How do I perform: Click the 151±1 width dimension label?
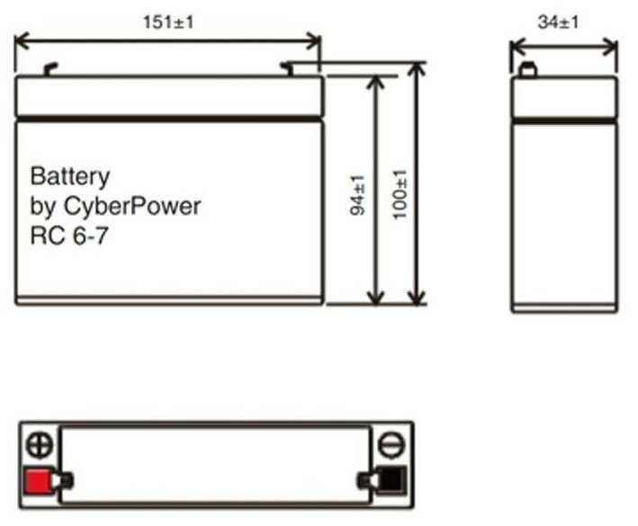[x=168, y=22]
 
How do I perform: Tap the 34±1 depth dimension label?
[x=558, y=22]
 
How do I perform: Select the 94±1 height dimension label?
[x=357, y=195]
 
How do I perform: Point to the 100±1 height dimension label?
[x=400, y=194]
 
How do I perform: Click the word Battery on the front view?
[x=70, y=177]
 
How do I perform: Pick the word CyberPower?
[x=132, y=207]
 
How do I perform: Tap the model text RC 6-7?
[x=69, y=236]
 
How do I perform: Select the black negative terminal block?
[x=391, y=480]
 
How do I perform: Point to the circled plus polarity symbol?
[x=39, y=444]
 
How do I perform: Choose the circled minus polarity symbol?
[x=391, y=444]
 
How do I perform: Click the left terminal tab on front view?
[x=51, y=69]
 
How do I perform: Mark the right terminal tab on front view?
[x=286, y=68]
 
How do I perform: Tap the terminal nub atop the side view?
[x=528, y=70]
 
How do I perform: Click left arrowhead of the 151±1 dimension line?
[x=22, y=41]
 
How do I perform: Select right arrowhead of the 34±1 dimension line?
[x=610, y=47]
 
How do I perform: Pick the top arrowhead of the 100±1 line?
[x=417, y=69]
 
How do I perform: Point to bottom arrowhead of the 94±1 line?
[x=375, y=297]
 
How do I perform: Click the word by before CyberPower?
[x=42, y=207]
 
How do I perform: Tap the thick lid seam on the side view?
[x=564, y=120]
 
